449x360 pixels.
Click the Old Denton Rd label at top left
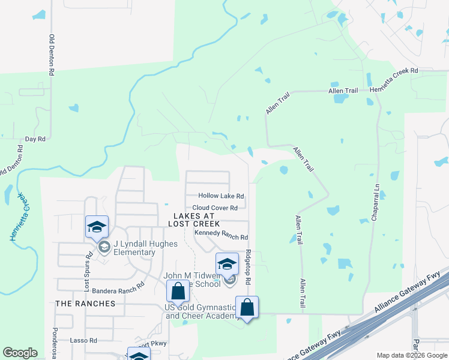click(52, 54)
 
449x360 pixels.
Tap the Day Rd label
click(35, 139)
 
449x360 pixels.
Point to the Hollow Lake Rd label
click(221, 196)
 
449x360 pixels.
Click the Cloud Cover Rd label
click(215, 208)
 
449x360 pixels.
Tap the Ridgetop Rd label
click(247, 268)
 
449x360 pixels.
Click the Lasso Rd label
click(83, 340)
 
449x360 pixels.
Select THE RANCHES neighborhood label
click(85, 304)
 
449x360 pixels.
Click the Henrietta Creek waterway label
click(19, 217)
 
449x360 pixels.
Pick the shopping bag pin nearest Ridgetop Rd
click(247, 308)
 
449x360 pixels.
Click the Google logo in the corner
click(20, 353)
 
